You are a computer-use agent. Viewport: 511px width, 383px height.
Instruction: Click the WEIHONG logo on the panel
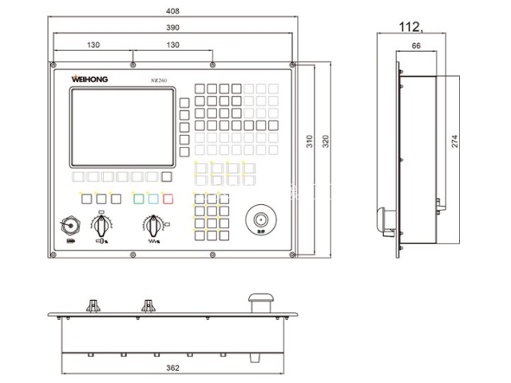click(94, 79)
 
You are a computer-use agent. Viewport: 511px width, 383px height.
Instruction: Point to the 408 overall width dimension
click(172, 11)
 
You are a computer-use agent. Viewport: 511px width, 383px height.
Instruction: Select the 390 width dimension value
click(172, 27)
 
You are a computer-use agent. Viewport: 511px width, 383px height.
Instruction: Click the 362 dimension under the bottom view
click(172, 369)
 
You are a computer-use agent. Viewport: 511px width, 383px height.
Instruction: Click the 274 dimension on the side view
click(454, 142)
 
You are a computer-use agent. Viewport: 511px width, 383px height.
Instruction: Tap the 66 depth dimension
click(416, 47)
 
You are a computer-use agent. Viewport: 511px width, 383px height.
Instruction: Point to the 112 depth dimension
click(410, 27)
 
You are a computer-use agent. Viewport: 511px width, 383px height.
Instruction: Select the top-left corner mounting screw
click(53, 65)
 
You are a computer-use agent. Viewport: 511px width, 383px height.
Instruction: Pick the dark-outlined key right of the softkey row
click(167, 177)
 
